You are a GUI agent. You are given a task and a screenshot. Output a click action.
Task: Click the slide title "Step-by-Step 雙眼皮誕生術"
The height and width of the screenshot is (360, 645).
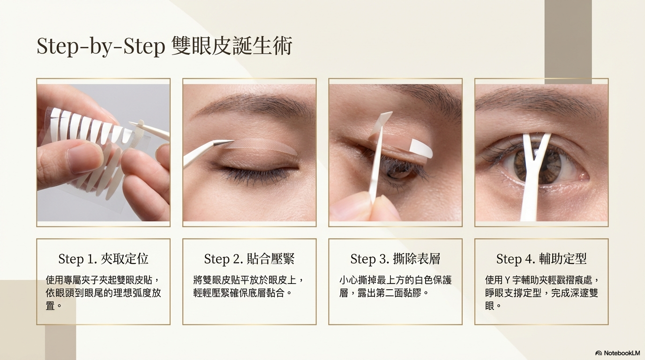pos(165,46)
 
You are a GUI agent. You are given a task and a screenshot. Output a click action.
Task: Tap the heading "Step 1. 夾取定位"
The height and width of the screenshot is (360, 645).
pos(104,259)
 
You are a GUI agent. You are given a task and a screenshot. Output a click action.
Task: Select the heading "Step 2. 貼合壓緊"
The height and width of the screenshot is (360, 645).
pos(249,259)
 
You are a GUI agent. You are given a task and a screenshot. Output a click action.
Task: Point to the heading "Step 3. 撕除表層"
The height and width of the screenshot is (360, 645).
pos(395,259)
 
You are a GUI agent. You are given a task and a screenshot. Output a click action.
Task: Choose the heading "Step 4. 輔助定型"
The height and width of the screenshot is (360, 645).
pos(541,259)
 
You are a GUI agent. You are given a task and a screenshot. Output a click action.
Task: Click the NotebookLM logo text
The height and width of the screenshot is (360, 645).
pos(617,353)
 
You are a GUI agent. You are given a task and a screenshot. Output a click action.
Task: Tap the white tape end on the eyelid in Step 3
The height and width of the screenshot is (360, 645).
pos(421,148)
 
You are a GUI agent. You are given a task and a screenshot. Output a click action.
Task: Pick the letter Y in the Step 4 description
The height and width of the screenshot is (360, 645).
pos(508,280)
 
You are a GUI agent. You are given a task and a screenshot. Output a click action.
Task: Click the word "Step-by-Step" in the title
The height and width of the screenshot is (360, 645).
pos(101,46)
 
